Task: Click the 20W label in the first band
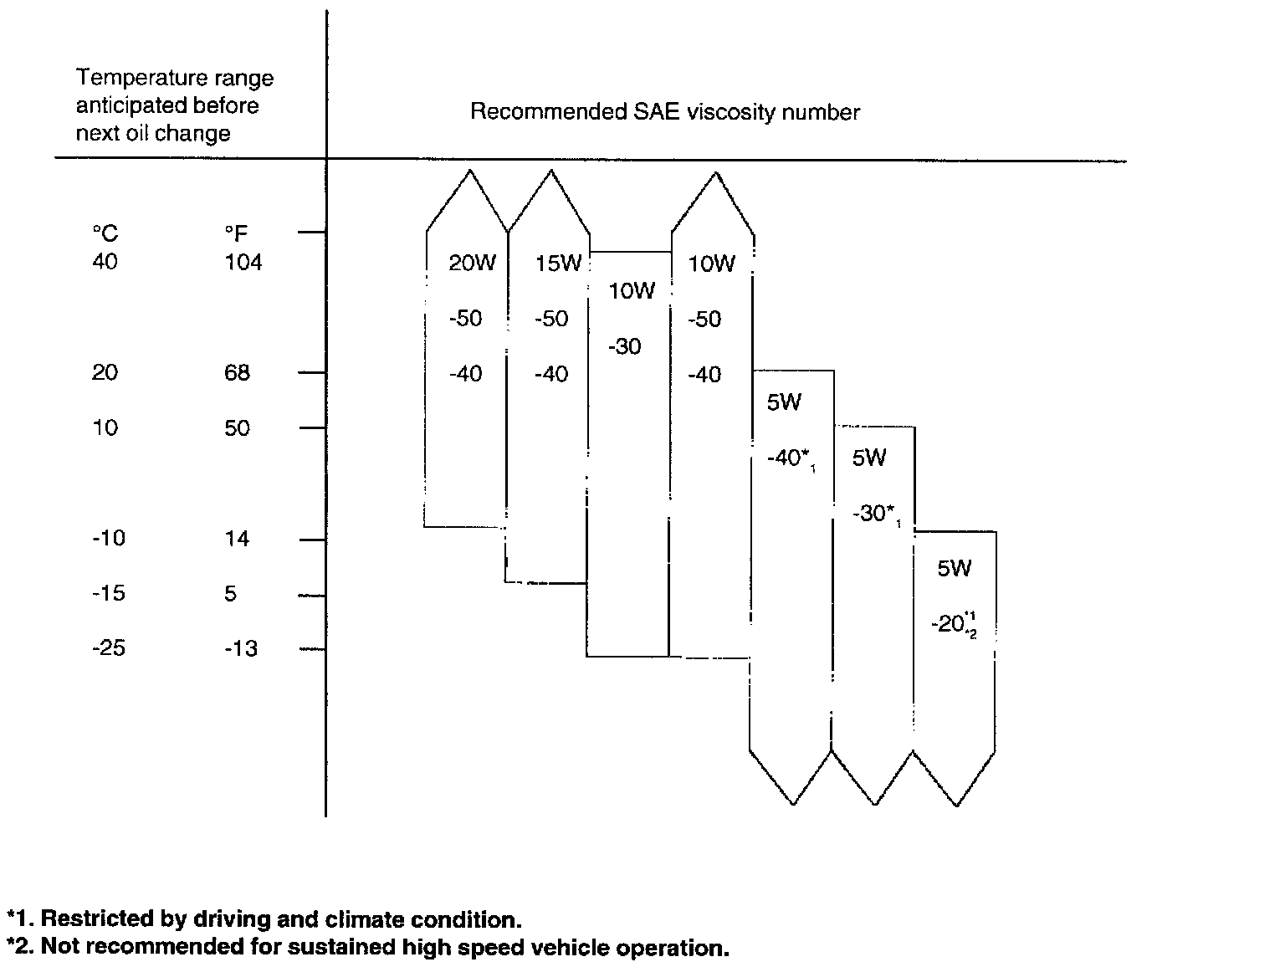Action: click(x=472, y=264)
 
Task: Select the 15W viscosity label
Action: click(x=558, y=264)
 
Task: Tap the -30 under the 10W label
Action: click(x=624, y=346)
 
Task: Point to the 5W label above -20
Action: click(x=954, y=569)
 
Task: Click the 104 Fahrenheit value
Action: click(x=243, y=263)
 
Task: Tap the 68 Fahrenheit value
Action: click(x=237, y=373)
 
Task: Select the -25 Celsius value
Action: click(x=109, y=648)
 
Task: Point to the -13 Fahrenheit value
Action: click(x=240, y=648)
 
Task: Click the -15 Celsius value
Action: click(x=109, y=594)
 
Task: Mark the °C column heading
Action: click(x=105, y=234)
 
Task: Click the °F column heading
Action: click(x=236, y=234)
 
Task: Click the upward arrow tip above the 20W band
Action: click(x=469, y=171)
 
